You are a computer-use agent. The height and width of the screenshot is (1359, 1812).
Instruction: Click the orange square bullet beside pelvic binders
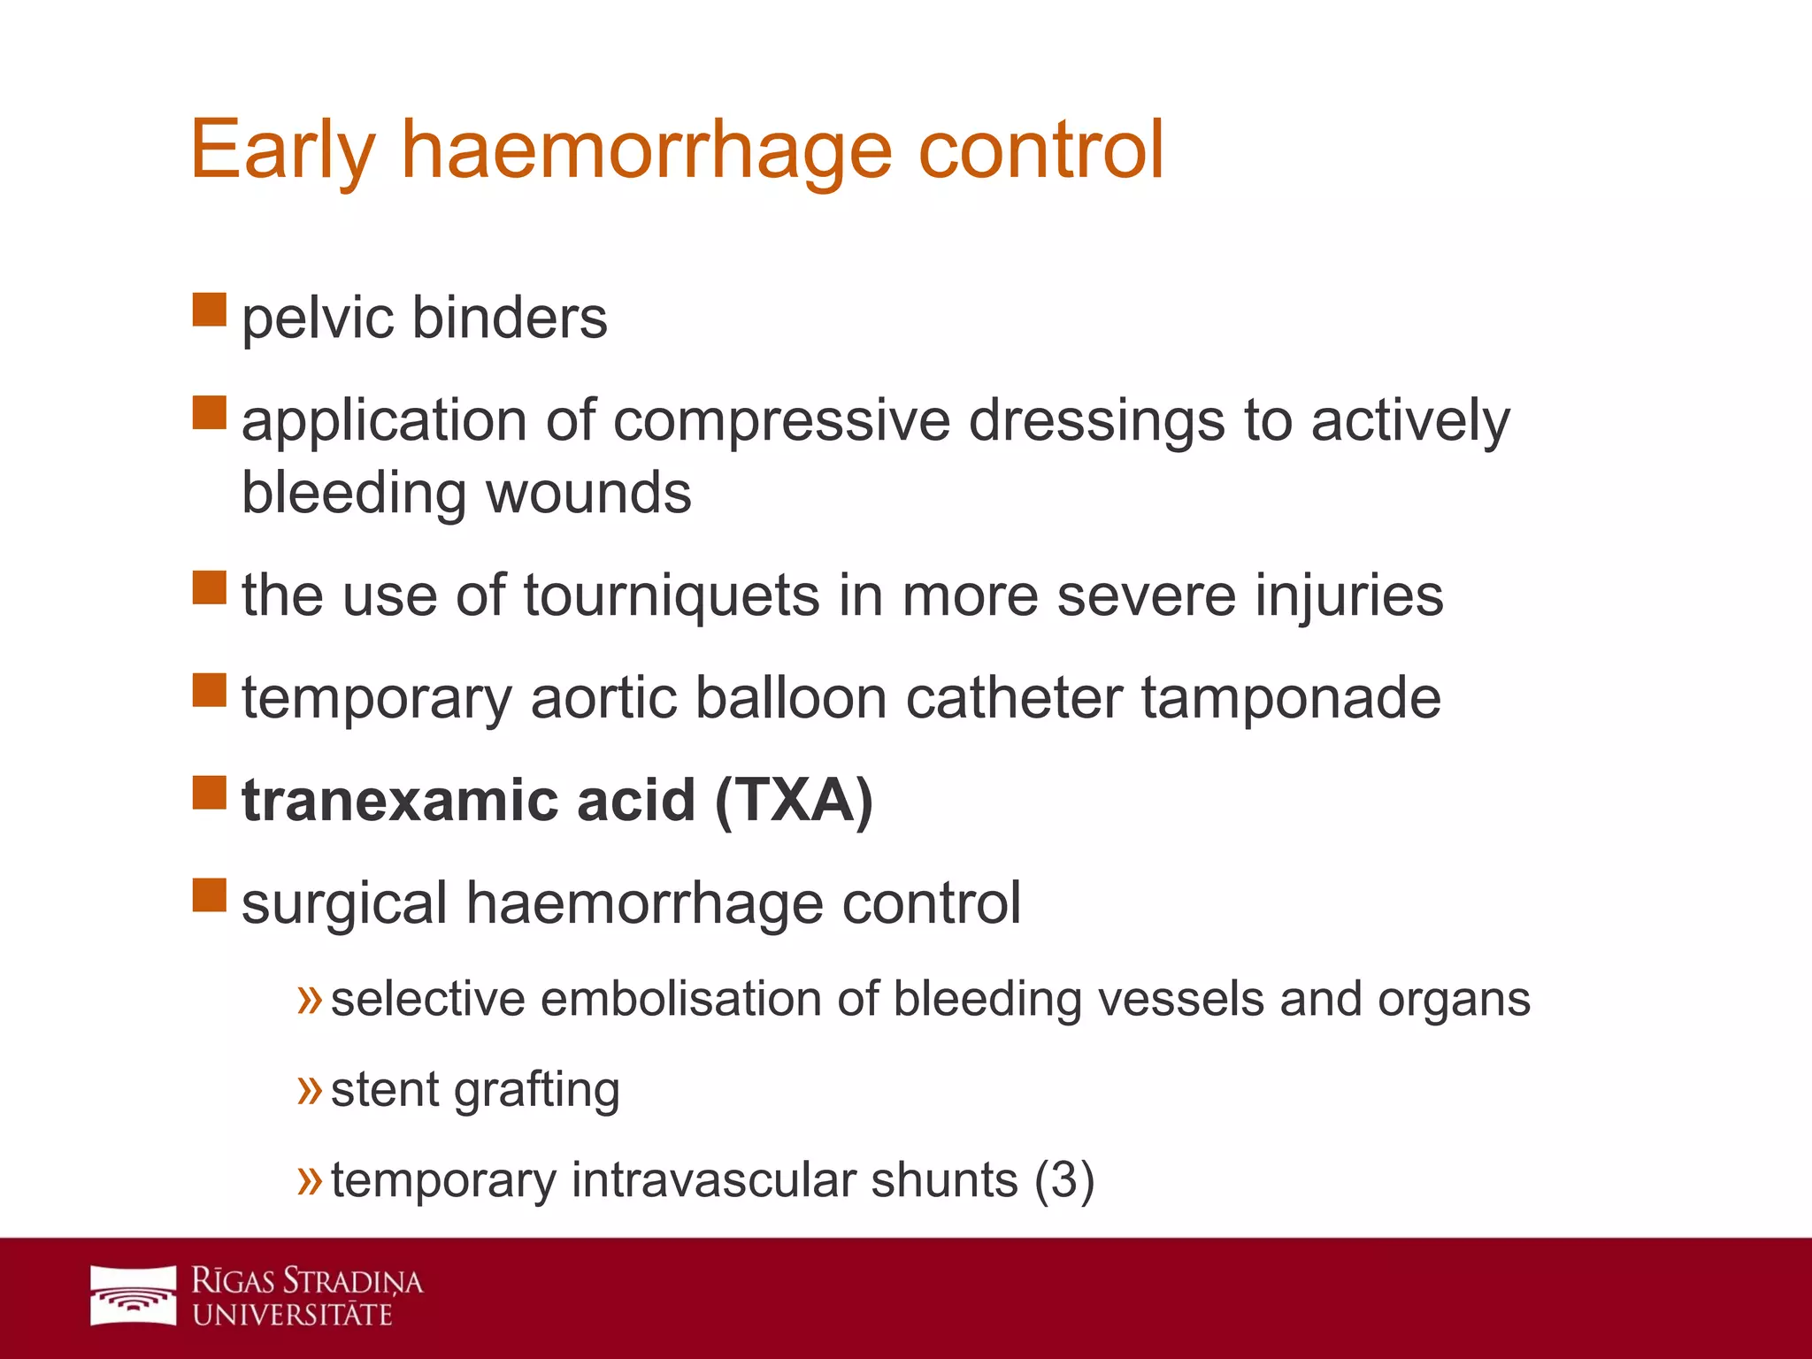210,310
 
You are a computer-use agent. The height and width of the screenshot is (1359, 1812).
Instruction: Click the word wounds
588,493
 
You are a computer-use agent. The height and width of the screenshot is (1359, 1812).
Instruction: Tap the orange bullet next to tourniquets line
210,587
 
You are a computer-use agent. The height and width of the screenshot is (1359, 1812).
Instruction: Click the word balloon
790,697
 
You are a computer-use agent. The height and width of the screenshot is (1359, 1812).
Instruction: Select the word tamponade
1291,699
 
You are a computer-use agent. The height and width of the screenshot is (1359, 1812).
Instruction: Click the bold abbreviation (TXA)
794,800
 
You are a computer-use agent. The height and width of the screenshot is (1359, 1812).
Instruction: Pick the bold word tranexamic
400,800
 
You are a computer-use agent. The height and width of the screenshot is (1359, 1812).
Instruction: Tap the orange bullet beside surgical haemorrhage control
210,894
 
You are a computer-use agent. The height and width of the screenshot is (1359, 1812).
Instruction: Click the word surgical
344,904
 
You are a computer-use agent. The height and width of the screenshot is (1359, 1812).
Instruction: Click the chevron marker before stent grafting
310,1090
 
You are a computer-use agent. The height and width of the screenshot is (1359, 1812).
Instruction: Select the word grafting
536,1090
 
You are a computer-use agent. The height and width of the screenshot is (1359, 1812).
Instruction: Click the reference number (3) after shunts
1064,1180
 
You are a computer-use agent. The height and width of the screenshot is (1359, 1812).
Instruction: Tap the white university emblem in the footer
134,1295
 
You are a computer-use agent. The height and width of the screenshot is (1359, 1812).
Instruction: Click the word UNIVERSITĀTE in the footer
292,1315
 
